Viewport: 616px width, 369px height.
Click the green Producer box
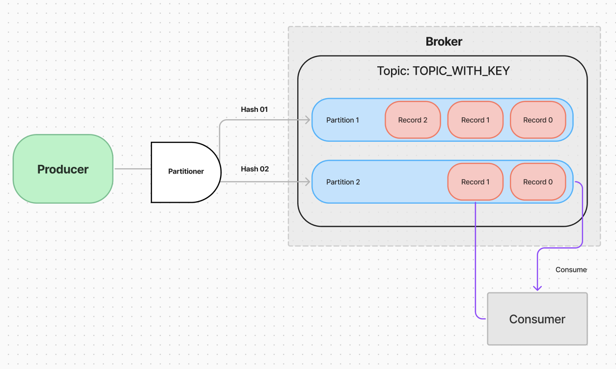[63, 169]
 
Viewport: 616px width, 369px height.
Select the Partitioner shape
[186, 172]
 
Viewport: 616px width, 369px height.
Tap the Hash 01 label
[254, 109]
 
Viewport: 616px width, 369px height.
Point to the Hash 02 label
[255, 169]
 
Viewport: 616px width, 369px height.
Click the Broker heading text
[444, 42]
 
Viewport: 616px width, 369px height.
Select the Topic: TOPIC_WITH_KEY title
[443, 71]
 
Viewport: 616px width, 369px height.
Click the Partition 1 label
[343, 120]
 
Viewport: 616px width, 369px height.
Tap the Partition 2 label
[343, 182]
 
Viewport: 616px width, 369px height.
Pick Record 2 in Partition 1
[413, 120]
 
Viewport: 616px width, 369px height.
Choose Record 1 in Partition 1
[476, 120]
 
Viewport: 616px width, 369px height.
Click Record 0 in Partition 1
[538, 120]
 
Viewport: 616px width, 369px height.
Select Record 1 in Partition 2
[476, 182]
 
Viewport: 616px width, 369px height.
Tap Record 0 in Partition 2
[538, 182]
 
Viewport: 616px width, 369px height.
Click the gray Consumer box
[537, 319]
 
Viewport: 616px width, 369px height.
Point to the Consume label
[571, 270]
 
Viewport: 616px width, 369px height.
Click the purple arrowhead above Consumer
[537, 288]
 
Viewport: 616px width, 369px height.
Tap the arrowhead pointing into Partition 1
[308, 120]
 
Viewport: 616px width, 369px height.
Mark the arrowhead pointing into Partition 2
[308, 182]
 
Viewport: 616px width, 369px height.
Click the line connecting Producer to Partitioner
[133, 169]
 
